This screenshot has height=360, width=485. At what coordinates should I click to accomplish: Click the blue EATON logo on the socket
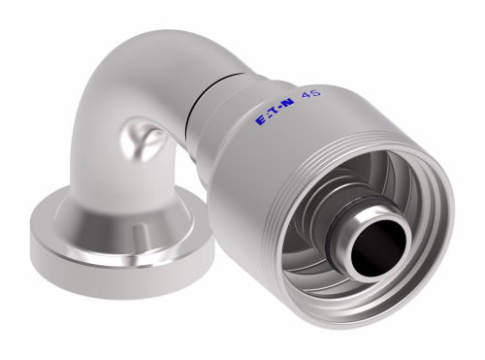(275, 111)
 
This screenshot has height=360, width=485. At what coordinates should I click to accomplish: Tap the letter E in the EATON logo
(260, 121)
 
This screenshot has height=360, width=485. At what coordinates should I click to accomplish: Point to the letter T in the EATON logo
(275, 111)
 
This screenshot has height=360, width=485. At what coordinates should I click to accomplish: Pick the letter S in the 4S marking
(315, 92)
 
